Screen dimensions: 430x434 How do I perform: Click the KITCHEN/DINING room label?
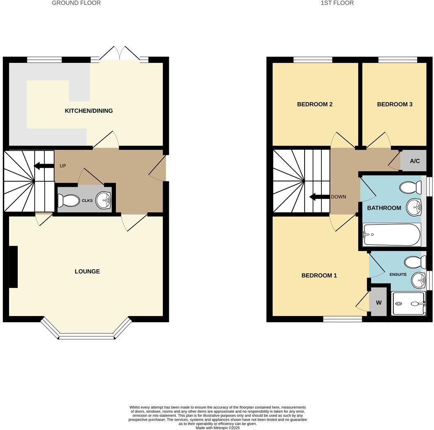[89, 111]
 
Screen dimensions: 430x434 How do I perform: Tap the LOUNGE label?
[87, 272]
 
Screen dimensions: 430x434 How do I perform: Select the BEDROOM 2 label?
[315, 104]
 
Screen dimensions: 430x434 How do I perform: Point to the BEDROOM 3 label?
[395, 104]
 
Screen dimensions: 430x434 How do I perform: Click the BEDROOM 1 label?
[319, 275]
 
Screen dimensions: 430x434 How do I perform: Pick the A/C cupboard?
[414, 161]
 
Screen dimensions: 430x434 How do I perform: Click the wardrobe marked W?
[379, 303]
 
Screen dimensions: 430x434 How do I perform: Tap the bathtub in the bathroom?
[392, 235]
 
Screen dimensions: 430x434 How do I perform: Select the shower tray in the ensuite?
[409, 304]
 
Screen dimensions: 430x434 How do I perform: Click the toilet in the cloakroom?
[69, 201]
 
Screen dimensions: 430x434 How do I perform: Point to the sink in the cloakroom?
[103, 201]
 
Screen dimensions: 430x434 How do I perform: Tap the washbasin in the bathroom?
[413, 207]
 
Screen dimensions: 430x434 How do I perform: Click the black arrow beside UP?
[44, 166]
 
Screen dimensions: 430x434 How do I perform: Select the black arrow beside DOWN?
[319, 197]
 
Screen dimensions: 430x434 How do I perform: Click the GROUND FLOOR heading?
[76, 3]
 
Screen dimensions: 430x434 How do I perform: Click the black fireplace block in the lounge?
[13, 267]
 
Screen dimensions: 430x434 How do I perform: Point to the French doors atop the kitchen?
[119, 53]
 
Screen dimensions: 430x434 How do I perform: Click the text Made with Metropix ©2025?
[217, 428]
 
